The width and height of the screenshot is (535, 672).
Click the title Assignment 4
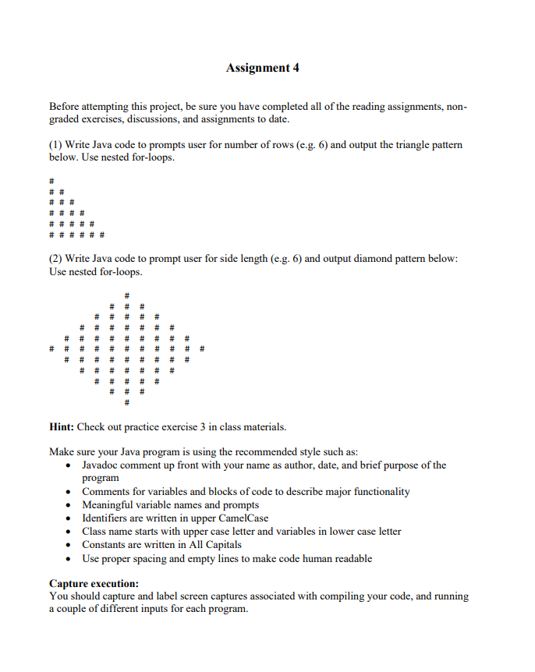point(262,68)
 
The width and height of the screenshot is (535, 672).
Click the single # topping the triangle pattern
point(51,181)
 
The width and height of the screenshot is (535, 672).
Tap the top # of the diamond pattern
point(126,295)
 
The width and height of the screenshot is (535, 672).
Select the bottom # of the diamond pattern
point(126,403)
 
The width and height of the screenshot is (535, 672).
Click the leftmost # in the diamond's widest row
point(51,349)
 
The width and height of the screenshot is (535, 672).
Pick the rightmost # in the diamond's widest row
point(201,349)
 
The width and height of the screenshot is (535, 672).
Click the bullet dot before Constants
point(70,545)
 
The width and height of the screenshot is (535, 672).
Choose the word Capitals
point(221,545)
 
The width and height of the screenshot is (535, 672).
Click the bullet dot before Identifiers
point(70,518)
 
